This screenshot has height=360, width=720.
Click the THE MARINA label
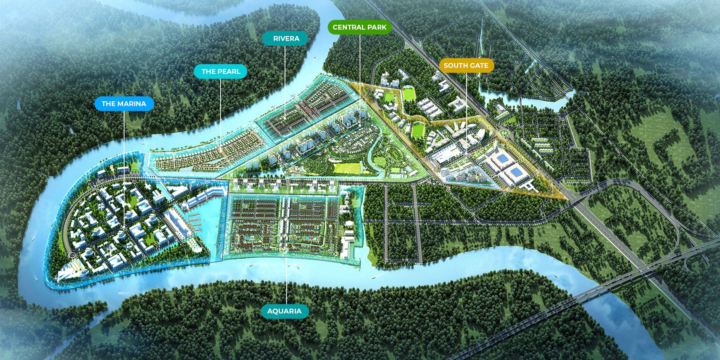(x=124, y=103)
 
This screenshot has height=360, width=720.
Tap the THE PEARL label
(x=221, y=71)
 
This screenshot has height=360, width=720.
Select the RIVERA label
(x=286, y=38)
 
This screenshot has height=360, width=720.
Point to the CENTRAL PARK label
(x=359, y=27)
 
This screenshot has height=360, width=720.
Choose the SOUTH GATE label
(x=466, y=65)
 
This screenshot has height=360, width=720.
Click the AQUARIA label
(x=284, y=311)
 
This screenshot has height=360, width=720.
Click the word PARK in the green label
(x=376, y=27)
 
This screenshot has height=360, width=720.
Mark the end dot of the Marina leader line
(x=124, y=227)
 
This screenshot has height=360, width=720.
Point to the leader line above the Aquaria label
(x=287, y=281)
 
